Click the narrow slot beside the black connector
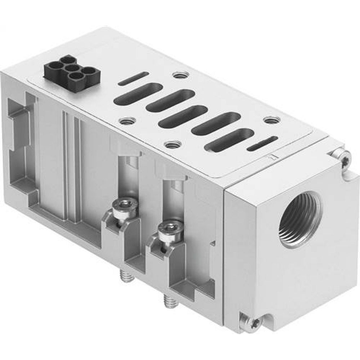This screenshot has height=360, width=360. coord(133,78)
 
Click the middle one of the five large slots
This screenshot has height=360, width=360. coord(183,118)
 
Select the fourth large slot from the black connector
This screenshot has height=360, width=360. coord(211,125)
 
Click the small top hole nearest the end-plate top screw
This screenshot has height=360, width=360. coord(269,120)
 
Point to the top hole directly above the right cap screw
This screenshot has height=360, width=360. coord(172,145)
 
